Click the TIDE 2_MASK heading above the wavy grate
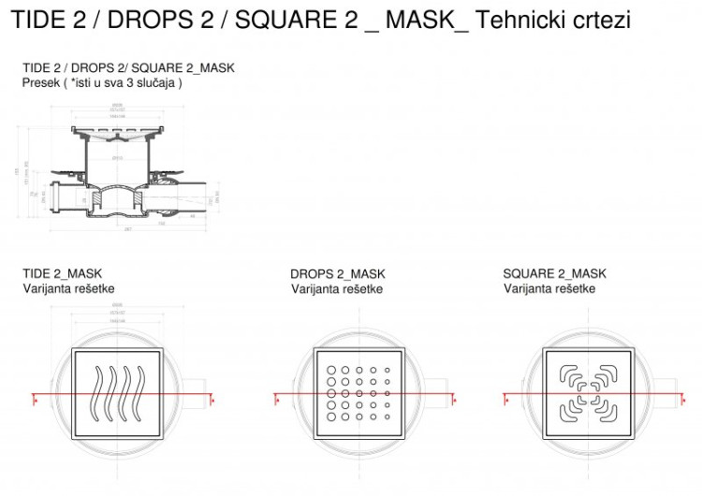[x=62, y=273]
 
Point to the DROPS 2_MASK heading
[x=337, y=274]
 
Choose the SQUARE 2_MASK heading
[x=554, y=273]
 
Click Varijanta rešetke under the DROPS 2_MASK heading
[x=336, y=288]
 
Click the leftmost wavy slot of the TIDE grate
[x=96, y=393]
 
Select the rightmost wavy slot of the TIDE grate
[x=141, y=393]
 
